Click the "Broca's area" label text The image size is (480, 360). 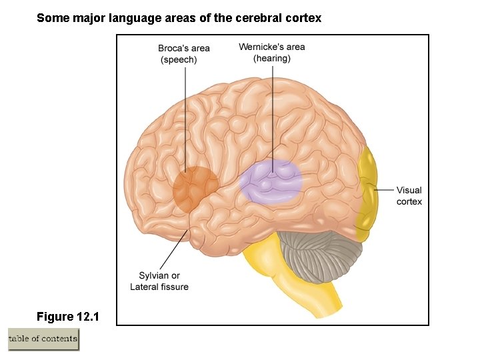pyautogui.click(x=184, y=48)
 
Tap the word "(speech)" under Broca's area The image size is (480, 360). pyautogui.click(x=179, y=60)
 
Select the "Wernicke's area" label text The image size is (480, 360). pyautogui.click(x=271, y=47)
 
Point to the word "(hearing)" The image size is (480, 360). pyautogui.click(x=271, y=58)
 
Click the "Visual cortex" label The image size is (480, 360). pyautogui.click(x=409, y=195)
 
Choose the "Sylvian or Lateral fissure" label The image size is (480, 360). pyautogui.click(x=159, y=281)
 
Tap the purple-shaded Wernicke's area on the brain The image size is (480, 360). pyautogui.click(x=271, y=182)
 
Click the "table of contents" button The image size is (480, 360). pyautogui.click(x=43, y=339)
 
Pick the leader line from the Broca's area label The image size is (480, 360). pyautogui.click(x=185, y=120)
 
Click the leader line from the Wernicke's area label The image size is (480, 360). pyautogui.click(x=272, y=113)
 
